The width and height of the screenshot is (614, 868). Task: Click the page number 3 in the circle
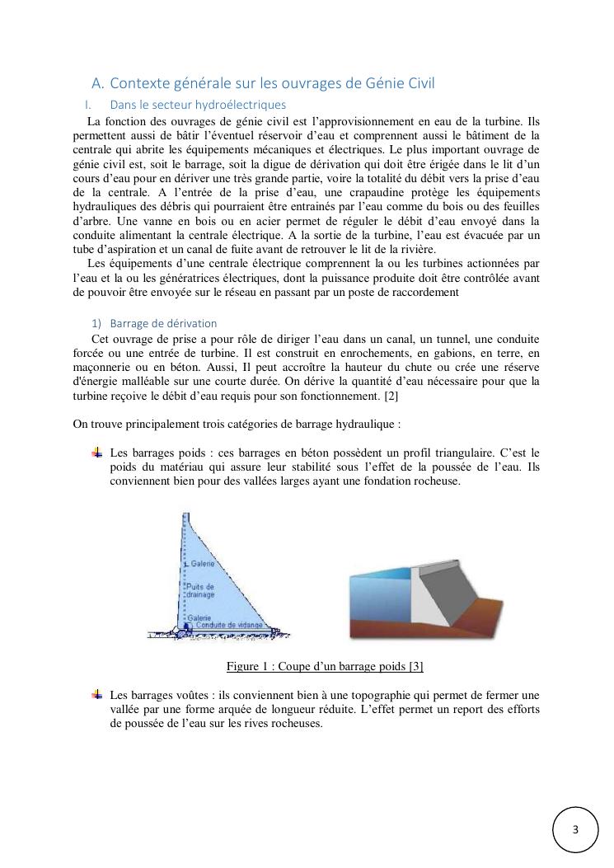point(575,829)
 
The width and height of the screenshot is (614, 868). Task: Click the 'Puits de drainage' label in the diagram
point(201,590)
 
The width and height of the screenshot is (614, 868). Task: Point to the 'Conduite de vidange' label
point(228,626)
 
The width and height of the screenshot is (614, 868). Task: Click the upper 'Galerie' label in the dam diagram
point(203,564)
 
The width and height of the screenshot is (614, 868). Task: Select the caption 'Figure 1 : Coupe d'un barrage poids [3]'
point(325,666)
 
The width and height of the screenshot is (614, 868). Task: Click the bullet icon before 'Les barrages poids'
point(96,453)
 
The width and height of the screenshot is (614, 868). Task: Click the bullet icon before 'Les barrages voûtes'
point(96,695)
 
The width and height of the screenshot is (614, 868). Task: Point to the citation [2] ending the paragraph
point(392,396)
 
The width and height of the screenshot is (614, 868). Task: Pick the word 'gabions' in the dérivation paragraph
point(446,353)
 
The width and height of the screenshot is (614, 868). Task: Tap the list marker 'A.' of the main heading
point(98,82)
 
